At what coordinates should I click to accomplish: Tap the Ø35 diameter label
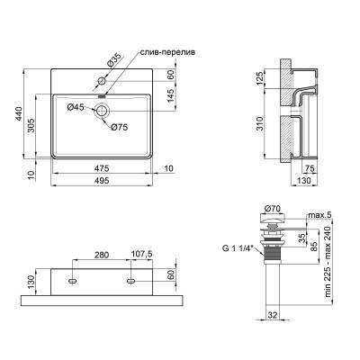pyautogui.click(x=113, y=60)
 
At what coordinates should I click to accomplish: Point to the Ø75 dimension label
pyautogui.click(x=120, y=126)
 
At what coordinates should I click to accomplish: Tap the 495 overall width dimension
pyautogui.click(x=107, y=179)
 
